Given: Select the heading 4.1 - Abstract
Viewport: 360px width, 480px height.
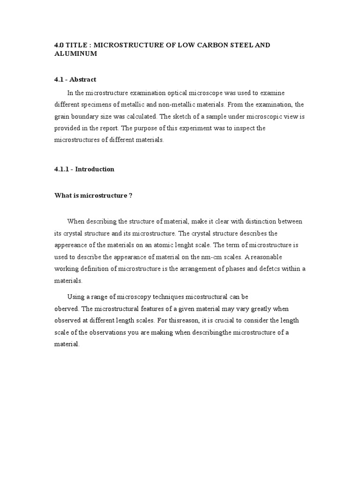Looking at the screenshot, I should coord(75,80).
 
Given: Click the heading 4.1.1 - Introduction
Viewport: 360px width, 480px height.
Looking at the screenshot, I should coord(84,169).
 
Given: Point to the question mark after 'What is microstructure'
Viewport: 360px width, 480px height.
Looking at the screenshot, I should coord(130,195).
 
